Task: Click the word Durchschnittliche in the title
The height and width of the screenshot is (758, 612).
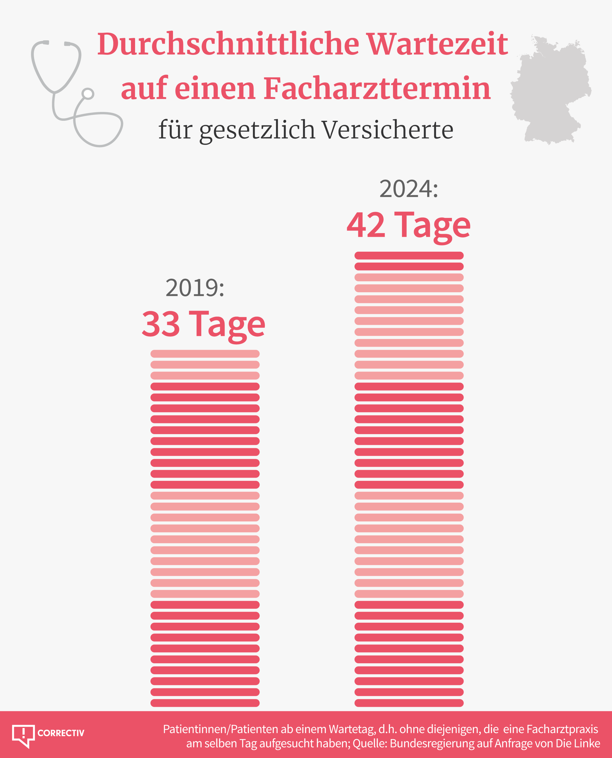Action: tap(228, 44)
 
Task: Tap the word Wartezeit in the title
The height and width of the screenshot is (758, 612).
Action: tap(437, 44)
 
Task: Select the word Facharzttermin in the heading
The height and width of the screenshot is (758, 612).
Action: tap(377, 89)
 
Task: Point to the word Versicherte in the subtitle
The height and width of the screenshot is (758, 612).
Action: tap(387, 130)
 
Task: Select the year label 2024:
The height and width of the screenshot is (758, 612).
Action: tap(408, 189)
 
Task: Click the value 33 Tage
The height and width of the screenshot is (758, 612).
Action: tap(204, 324)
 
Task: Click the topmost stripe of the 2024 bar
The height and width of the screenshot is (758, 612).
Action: tap(409, 256)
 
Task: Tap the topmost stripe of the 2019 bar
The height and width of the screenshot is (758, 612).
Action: tap(205, 354)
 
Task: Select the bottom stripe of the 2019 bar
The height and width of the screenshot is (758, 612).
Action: tap(205, 703)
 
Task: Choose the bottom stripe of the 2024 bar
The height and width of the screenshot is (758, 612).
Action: tap(409, 703)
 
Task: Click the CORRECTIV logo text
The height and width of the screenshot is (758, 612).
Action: tap(61, 733)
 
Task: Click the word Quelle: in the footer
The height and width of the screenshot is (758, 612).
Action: tap(370, 743)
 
